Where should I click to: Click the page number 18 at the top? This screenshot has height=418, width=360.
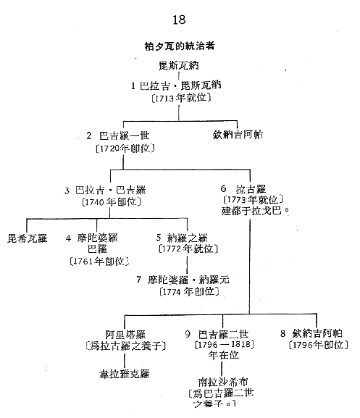click(x=179, y=20)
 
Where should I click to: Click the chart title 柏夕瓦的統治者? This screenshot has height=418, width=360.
click(x=180, y=46)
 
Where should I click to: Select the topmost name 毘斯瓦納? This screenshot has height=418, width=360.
click(x=179, y=66)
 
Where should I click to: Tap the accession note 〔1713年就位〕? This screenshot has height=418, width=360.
click(x=181, y=98)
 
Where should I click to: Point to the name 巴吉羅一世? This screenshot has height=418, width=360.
click(x=124, y=135)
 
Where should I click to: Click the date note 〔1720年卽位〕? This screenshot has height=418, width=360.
click(x=125, y=149)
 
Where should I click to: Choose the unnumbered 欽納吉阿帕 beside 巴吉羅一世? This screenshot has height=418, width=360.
click(x=238, y=134)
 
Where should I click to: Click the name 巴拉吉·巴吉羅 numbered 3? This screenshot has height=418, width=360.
click(x=111, y=191)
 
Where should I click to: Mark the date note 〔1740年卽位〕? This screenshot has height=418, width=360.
click(x=112, y=202)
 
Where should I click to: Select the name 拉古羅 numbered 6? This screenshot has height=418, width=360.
click(x=251, y=189)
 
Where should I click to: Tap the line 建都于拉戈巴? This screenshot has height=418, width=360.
click(x=255, y=211)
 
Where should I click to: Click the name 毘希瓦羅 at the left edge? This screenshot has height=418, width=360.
click(x=28, y=238)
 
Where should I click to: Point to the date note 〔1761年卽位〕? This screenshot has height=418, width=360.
click(x=99, y=262)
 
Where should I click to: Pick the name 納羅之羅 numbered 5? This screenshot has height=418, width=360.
click(x=187, y=238)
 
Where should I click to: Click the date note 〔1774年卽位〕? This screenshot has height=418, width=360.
click(x=189, y=291)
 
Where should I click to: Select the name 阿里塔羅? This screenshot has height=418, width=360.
click(x=125, y=334)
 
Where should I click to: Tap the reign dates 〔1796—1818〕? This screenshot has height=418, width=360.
click(x=225, y=344)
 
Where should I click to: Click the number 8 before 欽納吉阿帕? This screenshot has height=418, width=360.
click(x=283, y=333)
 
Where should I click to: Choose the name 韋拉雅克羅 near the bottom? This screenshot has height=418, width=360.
click(x=125, y=374)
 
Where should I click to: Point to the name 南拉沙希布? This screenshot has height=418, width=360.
click(x=223, y=382)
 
